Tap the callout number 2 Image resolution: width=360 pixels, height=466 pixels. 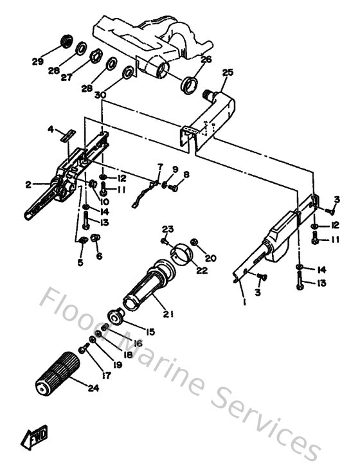[28, 184]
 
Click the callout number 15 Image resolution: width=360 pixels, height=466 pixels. [150, 332]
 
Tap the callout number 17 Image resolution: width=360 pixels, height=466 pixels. [106, 375]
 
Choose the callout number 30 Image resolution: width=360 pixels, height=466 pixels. [99, 94]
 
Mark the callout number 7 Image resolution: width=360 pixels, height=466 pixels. [160, 168]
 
